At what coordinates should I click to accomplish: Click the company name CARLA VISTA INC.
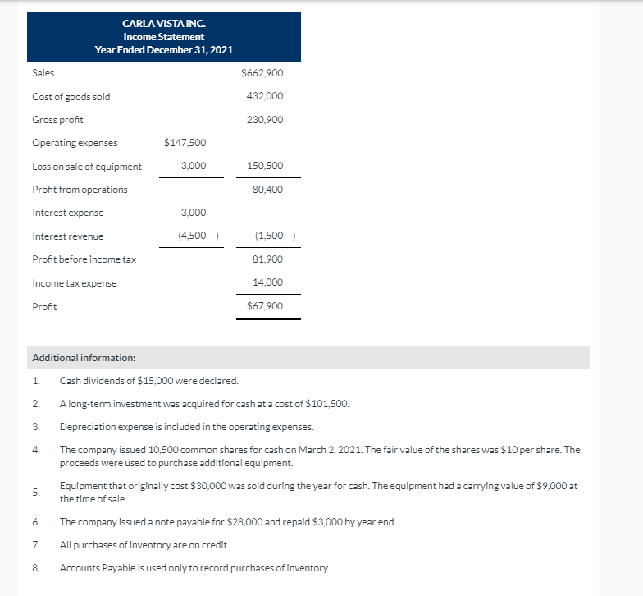point(163,24)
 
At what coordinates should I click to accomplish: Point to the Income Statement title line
point(163,37)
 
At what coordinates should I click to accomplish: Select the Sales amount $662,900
point(262,73)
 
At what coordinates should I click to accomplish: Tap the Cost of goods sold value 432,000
point(265,96)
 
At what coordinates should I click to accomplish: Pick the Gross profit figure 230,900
point(265,120)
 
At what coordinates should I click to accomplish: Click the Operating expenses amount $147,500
point(185,143)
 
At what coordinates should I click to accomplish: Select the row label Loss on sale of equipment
point(87,167)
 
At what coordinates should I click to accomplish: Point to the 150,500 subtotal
point(265,167)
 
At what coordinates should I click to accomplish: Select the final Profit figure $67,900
point(265,306)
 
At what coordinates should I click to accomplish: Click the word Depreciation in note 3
point(84,427)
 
